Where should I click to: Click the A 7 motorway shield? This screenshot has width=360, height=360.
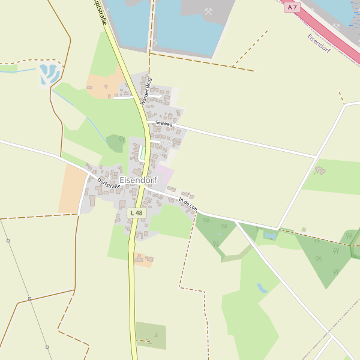[x=292, y=7]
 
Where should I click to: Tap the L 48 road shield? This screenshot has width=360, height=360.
[x=137, y=213]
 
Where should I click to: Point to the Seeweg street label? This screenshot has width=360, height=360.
[x=164, y=124]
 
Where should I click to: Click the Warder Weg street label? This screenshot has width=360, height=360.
[x=146, y=91]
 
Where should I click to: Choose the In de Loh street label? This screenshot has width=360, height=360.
[x=188, y=204]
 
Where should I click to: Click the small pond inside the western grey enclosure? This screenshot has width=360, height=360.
[x=48, y=74]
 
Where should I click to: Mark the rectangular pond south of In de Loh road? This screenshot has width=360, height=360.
[x=271, y=235]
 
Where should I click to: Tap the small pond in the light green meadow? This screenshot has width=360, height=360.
[x=262, y=288]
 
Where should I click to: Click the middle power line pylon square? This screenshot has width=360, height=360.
[x=29, y=298]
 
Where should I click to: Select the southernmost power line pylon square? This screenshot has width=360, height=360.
[x=47, y=347]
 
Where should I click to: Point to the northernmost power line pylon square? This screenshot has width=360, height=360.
[x=8, y=241]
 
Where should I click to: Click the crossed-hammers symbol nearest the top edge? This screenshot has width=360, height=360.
[x=209, y=11]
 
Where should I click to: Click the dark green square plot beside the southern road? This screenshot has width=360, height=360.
[x=151, y=335]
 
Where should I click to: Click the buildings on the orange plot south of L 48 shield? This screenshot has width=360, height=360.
[x=143, y=259]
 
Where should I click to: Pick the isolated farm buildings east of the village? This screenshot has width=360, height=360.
[x=320, y=171]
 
